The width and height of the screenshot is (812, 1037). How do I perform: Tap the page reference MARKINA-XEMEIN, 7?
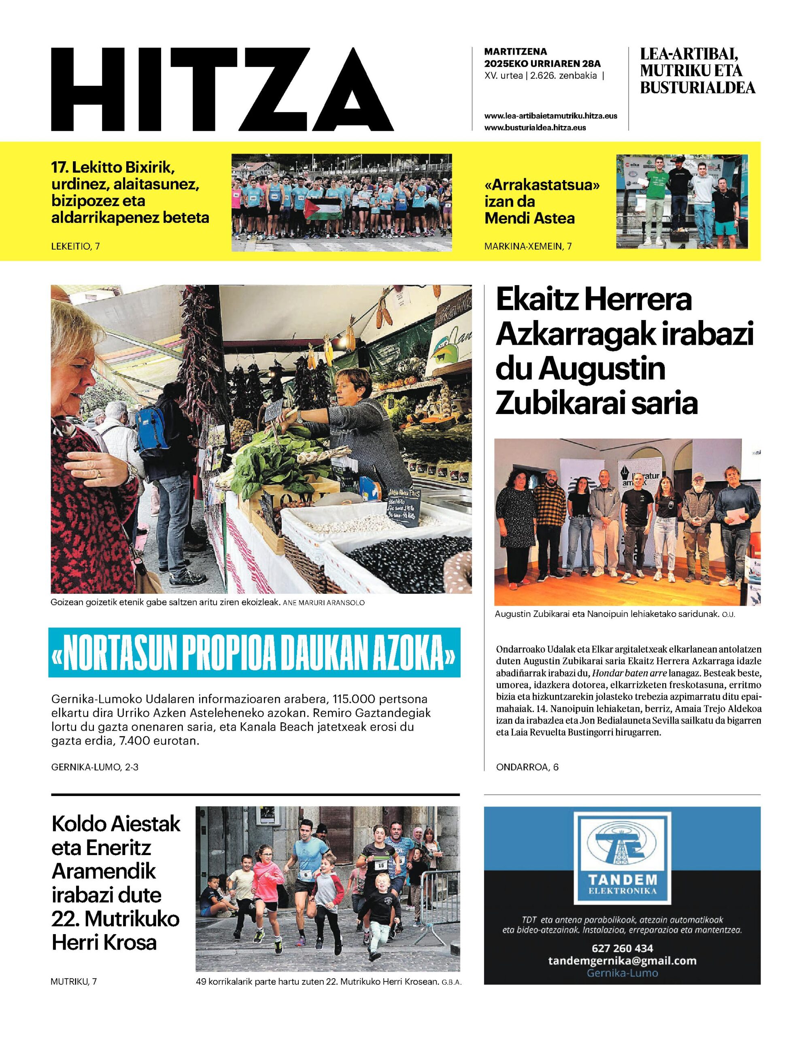pyautogui.click(x=528, y=246)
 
